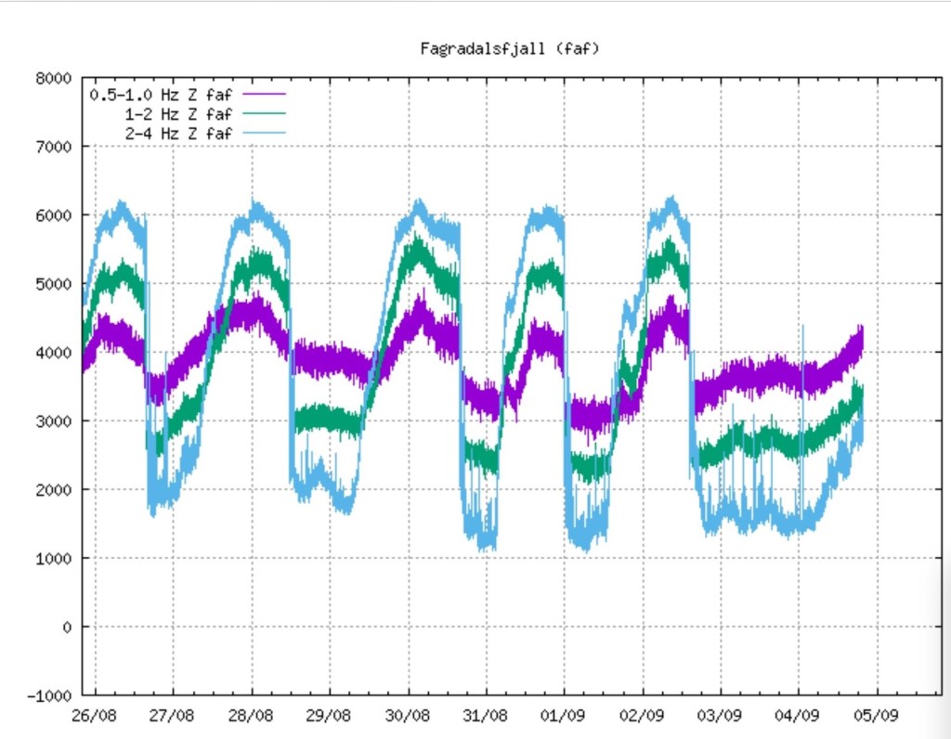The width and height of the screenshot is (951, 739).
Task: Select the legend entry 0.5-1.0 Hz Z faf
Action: tap(160, 94)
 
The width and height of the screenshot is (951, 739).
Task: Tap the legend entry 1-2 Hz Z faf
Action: tap(178, 113)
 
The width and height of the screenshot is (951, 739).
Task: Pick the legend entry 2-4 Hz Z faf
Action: tap(178, 133)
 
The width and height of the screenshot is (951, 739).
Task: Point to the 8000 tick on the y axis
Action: tap(54, 78)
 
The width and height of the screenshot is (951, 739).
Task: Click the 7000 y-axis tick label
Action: tap(54, 147)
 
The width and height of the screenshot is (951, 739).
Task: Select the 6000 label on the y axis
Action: tap(54, 215)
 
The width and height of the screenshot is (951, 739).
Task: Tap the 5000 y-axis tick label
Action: tap(54, 284)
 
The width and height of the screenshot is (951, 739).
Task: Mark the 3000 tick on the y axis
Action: tap(54, 421)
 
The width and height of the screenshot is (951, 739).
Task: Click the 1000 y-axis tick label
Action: tap(54, 559)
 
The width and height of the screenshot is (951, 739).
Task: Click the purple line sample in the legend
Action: tap(264, 94)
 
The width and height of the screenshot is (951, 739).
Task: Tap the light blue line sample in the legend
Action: tap(264, 133)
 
